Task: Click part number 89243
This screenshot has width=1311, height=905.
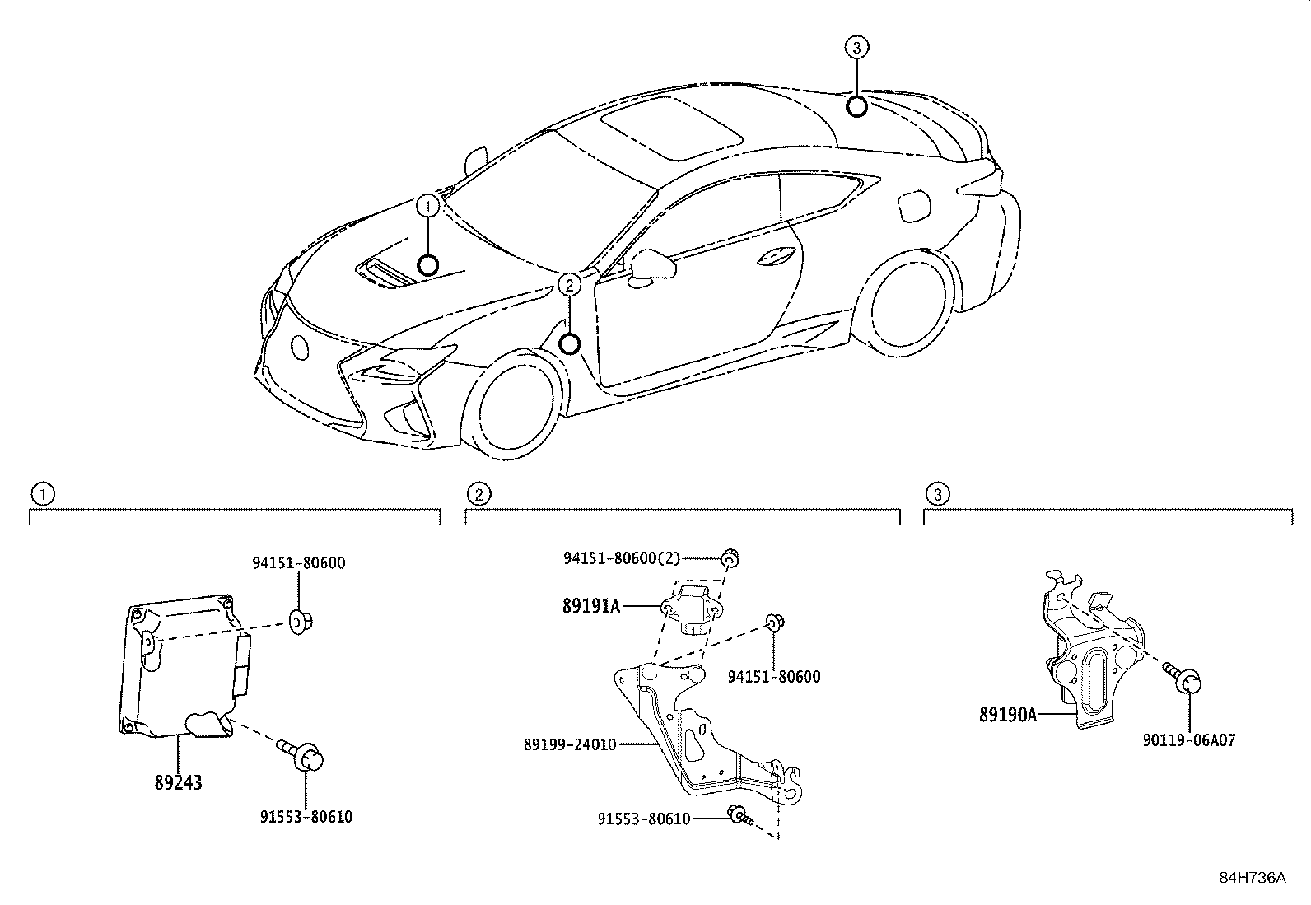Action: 178,782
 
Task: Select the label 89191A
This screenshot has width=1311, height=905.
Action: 591,607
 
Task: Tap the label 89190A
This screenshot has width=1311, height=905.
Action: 1007,715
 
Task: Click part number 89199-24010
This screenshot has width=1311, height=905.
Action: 569,744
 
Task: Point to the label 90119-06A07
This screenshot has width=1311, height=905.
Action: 1188,740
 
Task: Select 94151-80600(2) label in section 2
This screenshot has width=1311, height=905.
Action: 622,558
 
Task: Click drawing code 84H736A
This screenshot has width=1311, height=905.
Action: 1253,877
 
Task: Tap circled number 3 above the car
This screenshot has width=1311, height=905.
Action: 856,48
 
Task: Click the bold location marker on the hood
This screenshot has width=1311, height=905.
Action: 427,264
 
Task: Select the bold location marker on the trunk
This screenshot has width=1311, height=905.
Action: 856,105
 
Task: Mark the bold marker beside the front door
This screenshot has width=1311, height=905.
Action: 569,343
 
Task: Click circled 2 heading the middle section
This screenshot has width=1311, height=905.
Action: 478,494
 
